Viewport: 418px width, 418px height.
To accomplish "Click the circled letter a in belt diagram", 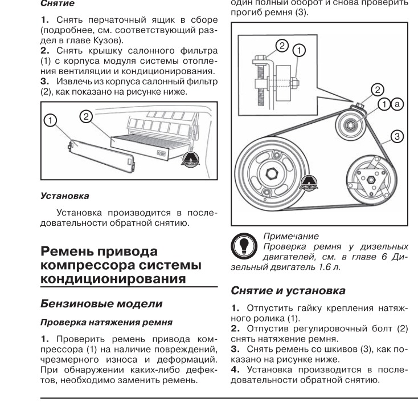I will coord(397,104).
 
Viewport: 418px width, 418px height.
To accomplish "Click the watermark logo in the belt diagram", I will coord(310,184).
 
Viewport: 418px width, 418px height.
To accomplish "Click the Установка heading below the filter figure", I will coord(66,196).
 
